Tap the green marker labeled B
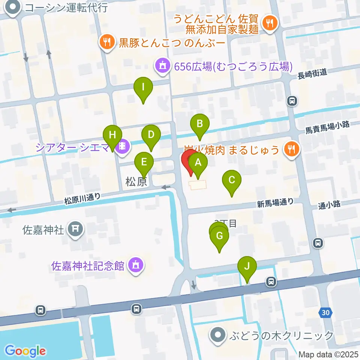pyautogui.click(x=200, y=124)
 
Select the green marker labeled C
pyautogui.click(x=232, y=181)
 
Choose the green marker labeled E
pyautogui.click(x=144, y=163)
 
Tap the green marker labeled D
pyautogui.click(x=151, y=135)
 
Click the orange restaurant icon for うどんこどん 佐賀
pyautogui.click(x=269, y=23)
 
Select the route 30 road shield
pyautogui.click(x=326, y=312)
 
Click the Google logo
pyautogui.click(x=25, y=351)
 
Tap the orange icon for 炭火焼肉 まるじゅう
pyautogui.click(x=291, y=150)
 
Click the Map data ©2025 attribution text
pyautogui.click(x=328, y=354)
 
